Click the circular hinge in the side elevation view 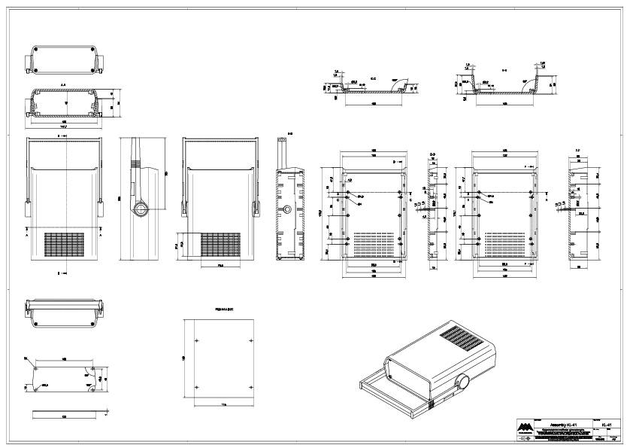[140, 207]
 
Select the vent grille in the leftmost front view [66, 245]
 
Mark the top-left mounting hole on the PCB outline [196, 341]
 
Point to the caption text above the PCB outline [220, 309]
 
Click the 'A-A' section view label [64, 85]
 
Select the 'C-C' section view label [374, 78]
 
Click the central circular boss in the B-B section [289, 209]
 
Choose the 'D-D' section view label [432, 154]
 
